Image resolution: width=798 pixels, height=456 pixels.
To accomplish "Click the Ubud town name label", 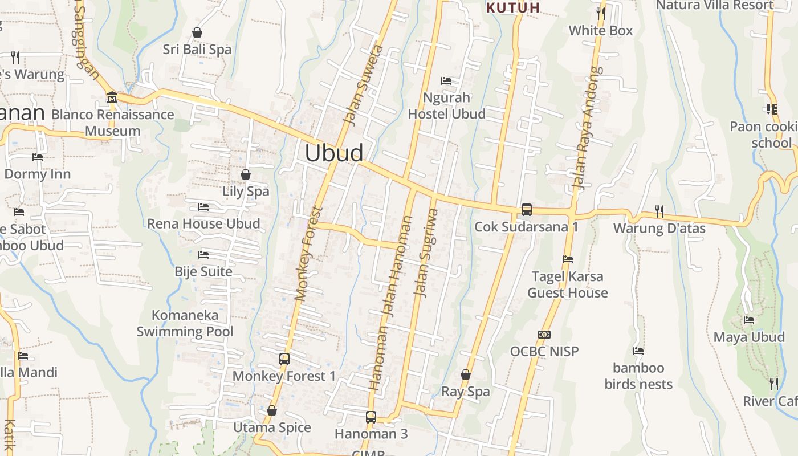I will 334,153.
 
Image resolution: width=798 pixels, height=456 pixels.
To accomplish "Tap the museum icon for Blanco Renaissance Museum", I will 112,97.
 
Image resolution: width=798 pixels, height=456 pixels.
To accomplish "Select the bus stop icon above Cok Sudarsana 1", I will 527,209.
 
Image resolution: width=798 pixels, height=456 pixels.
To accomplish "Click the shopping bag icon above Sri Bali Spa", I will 197,32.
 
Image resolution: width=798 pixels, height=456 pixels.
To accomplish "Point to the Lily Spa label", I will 246,191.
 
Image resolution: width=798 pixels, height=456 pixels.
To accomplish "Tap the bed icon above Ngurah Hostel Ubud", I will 446,81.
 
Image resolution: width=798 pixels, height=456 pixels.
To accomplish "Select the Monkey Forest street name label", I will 309,254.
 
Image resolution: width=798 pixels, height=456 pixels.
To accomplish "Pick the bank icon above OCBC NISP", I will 544,335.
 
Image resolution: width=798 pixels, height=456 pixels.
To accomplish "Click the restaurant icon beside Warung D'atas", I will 659,211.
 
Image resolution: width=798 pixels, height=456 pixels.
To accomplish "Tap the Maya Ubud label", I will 749,337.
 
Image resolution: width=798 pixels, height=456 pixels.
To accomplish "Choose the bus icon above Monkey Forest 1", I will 284,359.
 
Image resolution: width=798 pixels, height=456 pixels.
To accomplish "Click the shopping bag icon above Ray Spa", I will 466,374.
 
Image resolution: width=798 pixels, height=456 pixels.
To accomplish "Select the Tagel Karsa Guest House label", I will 567,284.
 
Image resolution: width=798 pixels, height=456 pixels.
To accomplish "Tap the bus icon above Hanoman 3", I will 371,417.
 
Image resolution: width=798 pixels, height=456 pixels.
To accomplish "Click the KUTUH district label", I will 513,7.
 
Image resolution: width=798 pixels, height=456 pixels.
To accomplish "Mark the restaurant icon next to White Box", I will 600,13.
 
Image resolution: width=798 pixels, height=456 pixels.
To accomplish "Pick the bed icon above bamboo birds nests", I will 638,351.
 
